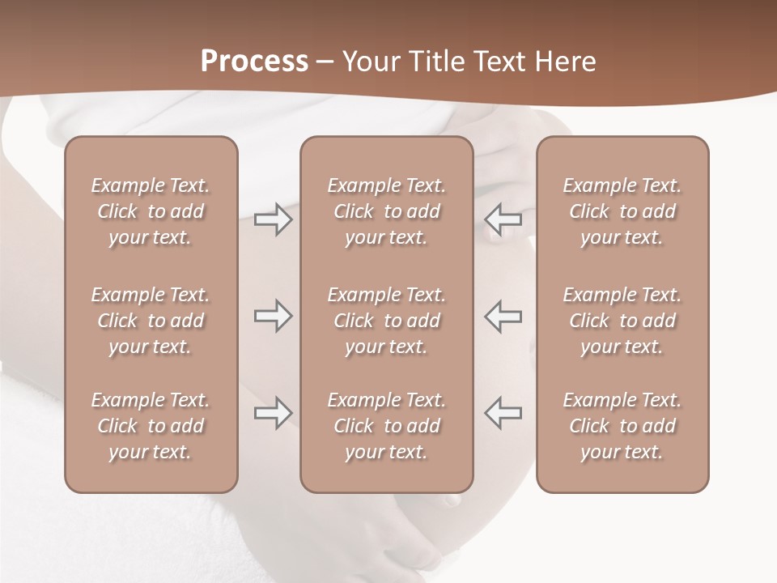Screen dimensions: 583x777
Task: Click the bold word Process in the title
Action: [x=254, y=62]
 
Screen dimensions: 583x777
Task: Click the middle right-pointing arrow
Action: [x=274, y=317]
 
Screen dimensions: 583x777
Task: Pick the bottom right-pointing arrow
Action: [x=274, y=413]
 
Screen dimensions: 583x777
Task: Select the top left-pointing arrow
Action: [x=503, y=219]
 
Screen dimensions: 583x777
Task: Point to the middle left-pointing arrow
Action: [x=503, y=316]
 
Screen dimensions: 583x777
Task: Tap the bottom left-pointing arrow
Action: [x=503, y=412]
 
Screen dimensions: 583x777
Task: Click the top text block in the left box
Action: [x=151, y=211]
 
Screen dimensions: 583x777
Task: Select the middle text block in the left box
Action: [x=151, y=321]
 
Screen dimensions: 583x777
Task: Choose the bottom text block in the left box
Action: [x=151, y=426]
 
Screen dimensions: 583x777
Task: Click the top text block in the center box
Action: [x=386, y=211]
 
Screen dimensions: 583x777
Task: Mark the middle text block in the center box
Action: [x=386, y=321]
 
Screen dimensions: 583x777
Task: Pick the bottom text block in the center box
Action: [x=386, y=426]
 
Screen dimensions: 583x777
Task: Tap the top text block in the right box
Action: [x=622, y=211]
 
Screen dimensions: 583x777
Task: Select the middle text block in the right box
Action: [x=622, y=321]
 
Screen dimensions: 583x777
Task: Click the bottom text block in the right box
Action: [x=622, y=426]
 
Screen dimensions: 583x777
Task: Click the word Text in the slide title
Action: [x=500, y=62]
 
